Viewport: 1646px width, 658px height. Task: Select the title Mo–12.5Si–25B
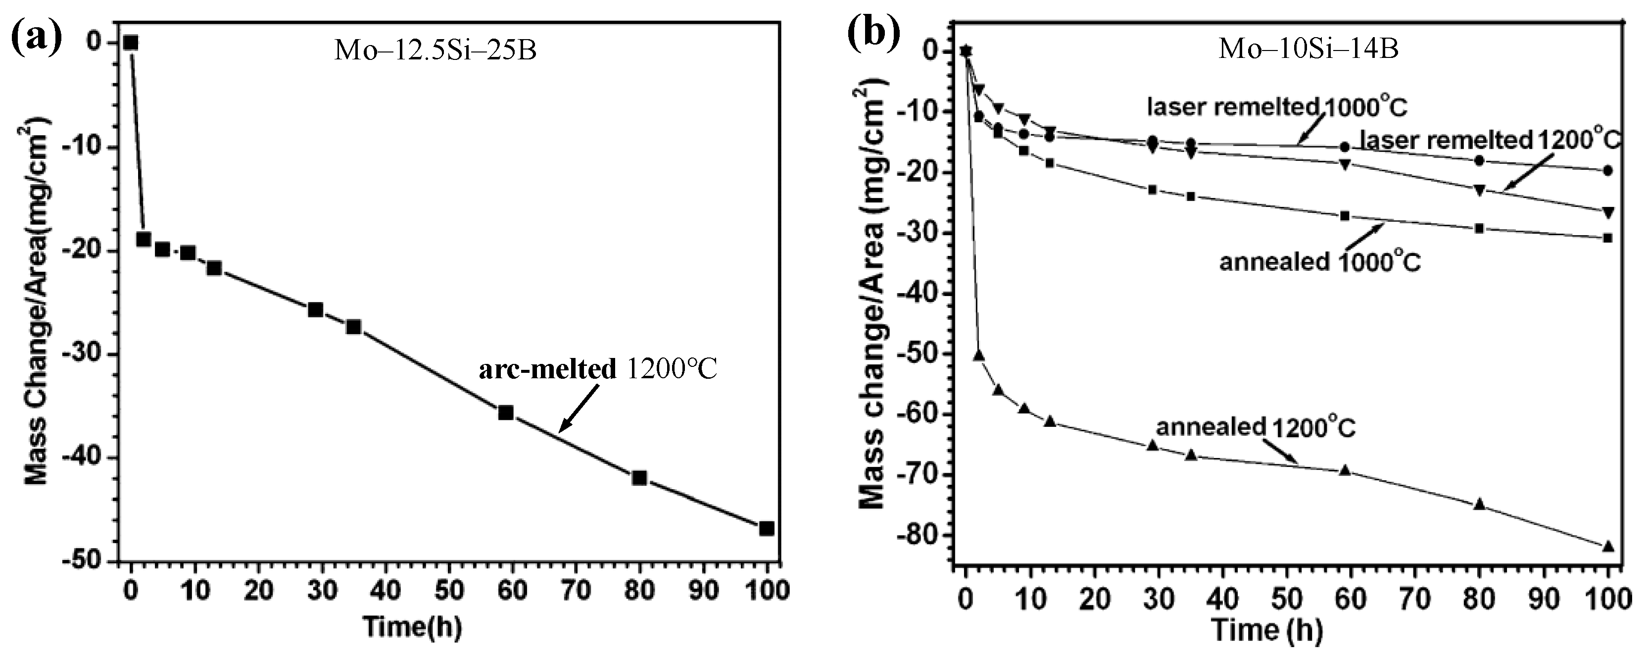coord(435,50)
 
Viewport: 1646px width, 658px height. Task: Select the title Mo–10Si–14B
coord(1308,49)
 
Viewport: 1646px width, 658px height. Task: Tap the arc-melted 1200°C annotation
coord(598,369)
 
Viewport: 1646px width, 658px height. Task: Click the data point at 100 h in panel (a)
coord(766,528)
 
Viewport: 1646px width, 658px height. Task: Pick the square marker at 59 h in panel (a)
coord(505,412)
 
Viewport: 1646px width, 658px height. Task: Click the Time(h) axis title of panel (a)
coord(412,627)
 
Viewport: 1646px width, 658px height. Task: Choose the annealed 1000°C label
coord(1319,261)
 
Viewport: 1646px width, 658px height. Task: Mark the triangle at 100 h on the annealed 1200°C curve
coord(1608,546)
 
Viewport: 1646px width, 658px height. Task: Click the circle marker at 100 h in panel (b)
coord(1608,171)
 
